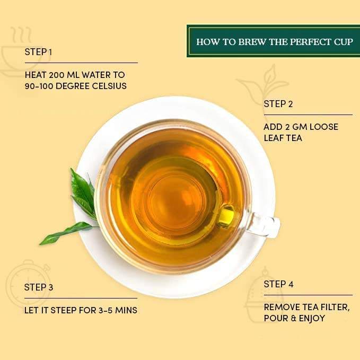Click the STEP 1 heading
[38, 52]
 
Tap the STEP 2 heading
[278, 104]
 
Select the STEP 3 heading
[39, 287]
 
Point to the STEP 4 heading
[278, 284]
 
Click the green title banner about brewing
[273, 41]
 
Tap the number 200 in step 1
[57, 75]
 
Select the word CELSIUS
[108, 85]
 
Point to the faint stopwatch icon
[21, 284]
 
